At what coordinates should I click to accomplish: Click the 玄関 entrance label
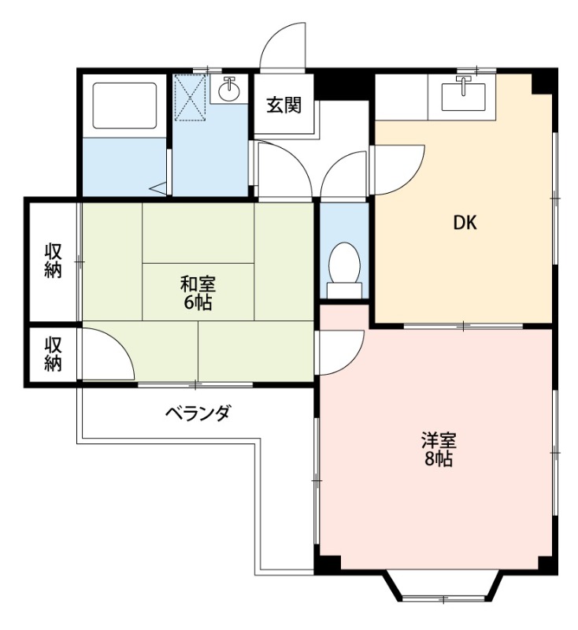click(x=284, y=105)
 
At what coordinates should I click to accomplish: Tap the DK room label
click(x=465, y=223)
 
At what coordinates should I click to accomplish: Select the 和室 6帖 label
click(x=198, y=293)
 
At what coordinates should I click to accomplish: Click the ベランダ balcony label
click(x=198, y=413)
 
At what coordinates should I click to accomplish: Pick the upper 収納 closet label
click(x=53, y=261)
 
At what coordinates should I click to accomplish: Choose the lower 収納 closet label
click(x=53, y=354)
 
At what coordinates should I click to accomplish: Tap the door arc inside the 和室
click(x=107, y=354)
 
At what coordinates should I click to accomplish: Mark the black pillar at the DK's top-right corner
click(x=544, y=80)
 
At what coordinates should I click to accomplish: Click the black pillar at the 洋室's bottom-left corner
click(x=328, y=565)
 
